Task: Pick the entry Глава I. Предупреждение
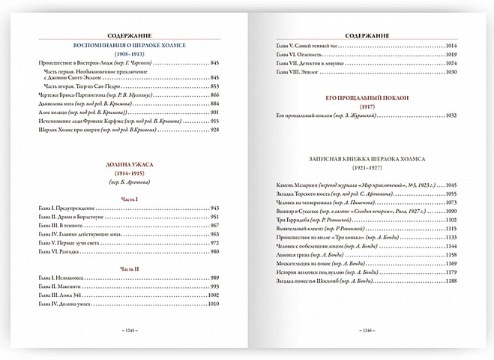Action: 71,208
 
